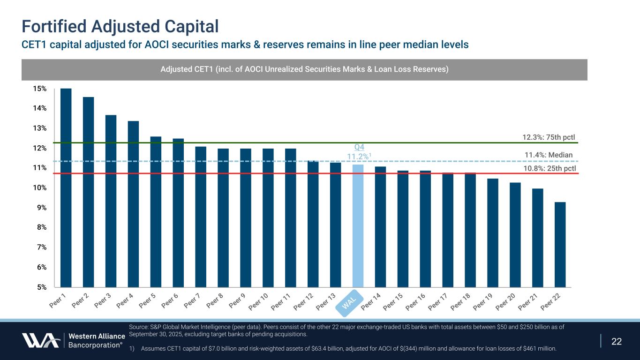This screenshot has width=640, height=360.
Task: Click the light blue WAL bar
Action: point(358,225)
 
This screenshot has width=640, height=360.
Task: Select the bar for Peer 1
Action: point(66,187)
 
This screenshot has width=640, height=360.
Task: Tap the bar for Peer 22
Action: point(560,244)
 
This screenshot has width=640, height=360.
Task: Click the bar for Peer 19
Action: point(492,232)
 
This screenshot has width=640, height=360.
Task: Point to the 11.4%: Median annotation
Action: point(549,155)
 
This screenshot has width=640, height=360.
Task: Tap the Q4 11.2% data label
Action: point(358,152)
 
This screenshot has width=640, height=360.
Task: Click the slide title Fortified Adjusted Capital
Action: point(120,26)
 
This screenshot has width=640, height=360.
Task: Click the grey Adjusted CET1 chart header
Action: point(304,69)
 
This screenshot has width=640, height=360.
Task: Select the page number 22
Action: point(617,341)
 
